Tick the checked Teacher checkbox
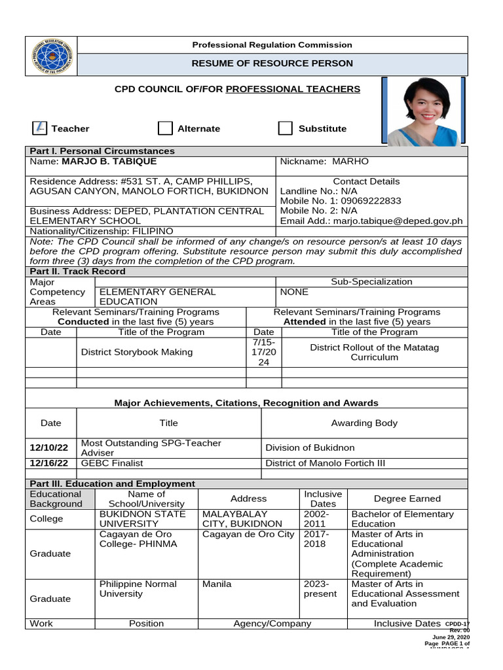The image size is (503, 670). (39, 128)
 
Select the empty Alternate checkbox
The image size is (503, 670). (165, 128)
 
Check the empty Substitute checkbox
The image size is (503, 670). (285, 128)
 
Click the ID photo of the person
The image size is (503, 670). (423, 111)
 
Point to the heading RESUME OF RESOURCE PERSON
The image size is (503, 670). (272, 63)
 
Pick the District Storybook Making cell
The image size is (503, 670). (136, 352)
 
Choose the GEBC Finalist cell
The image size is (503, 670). (111, 463)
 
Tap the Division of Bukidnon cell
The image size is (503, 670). (310, 448)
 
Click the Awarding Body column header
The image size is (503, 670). (364, 423)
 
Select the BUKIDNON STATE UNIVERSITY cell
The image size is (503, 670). (130, 519)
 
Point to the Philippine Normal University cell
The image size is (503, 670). (138, 589)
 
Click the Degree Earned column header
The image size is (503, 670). (407, 499)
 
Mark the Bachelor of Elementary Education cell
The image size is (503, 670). (402, 519)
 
